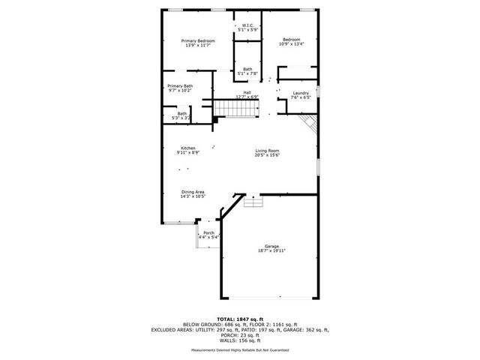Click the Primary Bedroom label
pyautogui.click(x=199, y=40)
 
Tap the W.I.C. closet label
pyautogui.click(x=247, y=25)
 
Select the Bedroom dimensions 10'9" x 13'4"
pyautogui.click(x=291, y=44)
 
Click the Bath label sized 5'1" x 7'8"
pyautogui.click(x=247, y=69)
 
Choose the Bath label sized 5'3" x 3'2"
pyautogui.click(x=181, y=113)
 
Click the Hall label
pyautogui.click(x=247, y=92)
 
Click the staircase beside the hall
pyautogui.click(x=229, y=109)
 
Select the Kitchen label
pyautogui.click(x=187, y=148)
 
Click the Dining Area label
pyautogui.click(x=193, y=191)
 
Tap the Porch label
pyautogui.click(x=208, y=232)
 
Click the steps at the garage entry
pyautogui.click(x=253, y=202)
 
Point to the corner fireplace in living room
pyautogui.click(x=307, y=124)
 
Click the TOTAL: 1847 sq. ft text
pyautogui.click(x=240, y=319)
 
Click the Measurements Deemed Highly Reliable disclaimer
pyautogui.click(x=240, y=350)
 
